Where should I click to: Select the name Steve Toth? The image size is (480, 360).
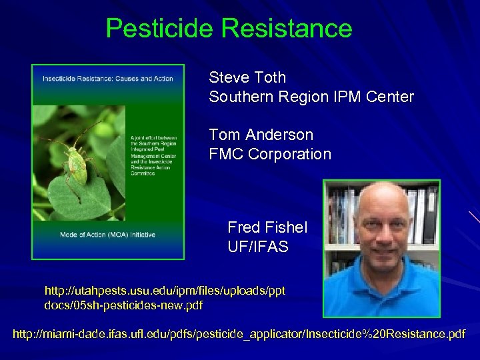tap(247, 77)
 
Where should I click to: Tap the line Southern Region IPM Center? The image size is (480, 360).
tap(311, 97)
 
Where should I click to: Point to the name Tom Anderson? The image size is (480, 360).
tap(261, 135)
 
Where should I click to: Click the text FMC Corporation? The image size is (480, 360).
tap(270, 154)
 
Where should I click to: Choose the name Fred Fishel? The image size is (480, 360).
tap(267, 227)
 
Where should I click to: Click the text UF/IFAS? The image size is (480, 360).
tap(258, 247)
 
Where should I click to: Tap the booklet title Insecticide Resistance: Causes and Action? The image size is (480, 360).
tap(108, 79)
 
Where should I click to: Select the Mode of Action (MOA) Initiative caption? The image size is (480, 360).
tap(107, 235)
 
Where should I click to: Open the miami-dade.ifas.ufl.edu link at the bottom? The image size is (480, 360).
tap(239, 333)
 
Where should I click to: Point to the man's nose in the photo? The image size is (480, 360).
tap(383, 242)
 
